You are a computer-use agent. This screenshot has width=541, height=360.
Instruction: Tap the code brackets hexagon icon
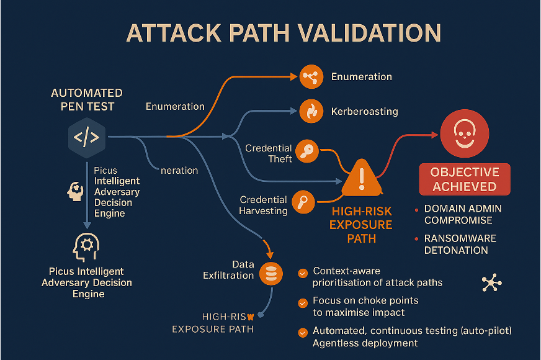[x=86, y=137]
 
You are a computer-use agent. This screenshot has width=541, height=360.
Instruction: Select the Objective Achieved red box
[x=465, y=179]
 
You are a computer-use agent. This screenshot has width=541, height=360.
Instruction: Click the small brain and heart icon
[x=75, y=191]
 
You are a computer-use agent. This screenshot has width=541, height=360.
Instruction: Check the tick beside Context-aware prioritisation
[x=303, y=272]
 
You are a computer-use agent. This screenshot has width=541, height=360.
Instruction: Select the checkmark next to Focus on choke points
[x=303, y=303]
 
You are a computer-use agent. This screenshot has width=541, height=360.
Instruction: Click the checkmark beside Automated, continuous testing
[x=303, y=331]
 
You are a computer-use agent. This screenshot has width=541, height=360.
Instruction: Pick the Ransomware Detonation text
[x=460, y=245]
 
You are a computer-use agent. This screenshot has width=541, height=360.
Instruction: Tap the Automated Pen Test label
[x=87, y=99]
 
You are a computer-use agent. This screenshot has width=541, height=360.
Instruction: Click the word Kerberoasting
[x=364, y=112]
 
